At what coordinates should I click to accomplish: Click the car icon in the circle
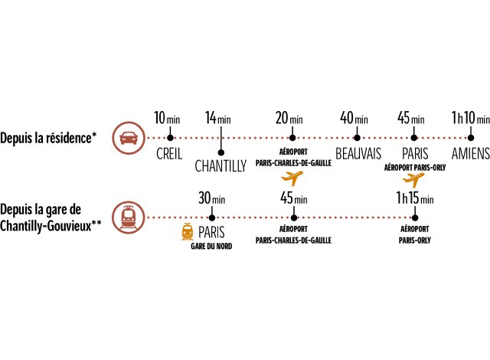[129, 138]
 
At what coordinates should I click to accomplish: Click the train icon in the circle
[129, 218]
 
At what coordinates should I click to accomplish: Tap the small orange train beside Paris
[187, 231]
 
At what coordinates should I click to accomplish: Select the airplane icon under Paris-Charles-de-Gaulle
[292, 178]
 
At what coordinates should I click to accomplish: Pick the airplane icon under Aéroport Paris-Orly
[413, 180]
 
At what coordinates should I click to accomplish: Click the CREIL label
[169, 154]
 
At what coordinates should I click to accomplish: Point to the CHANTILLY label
[220, 166]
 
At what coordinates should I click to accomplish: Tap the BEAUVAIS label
[358, 153]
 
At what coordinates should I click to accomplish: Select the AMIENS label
[471, 153]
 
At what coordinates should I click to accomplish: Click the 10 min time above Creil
[167, 117]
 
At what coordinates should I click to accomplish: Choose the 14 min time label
[218, 117]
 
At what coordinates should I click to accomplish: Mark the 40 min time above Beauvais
[354, 117]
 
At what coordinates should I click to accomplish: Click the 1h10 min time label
[471, 117]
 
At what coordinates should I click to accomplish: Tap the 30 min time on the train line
[212, 198]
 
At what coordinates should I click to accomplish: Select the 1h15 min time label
[415, 198]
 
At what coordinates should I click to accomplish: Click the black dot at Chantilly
[221, 152]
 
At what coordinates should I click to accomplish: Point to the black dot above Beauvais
[358, 138]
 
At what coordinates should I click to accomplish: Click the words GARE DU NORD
[211, 246]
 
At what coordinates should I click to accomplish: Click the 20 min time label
[289, 117]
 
